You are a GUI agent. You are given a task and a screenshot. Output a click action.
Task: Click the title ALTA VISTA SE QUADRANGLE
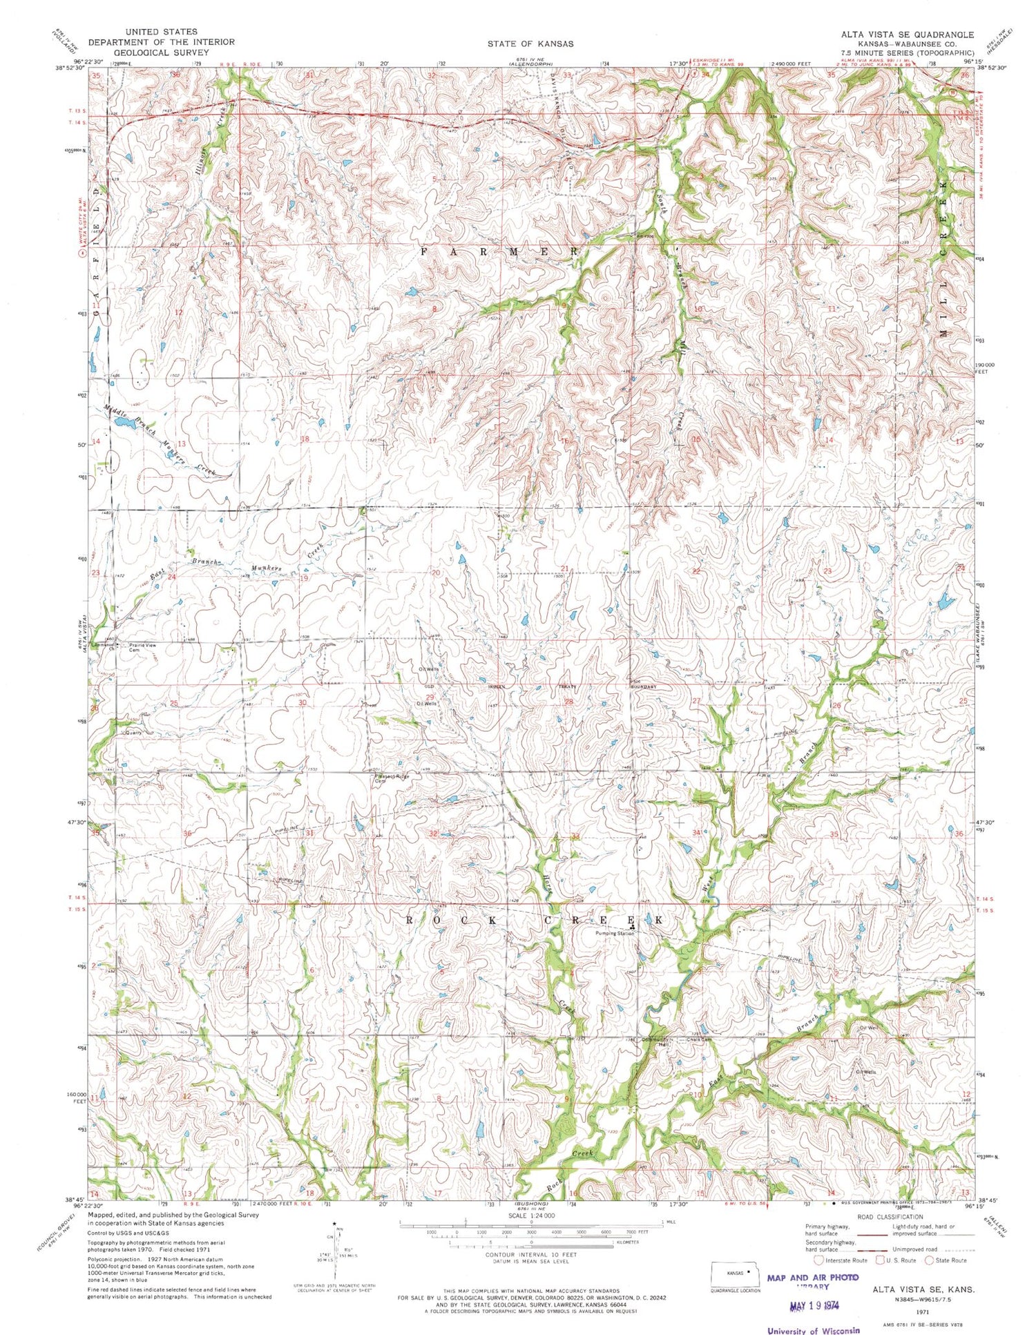(x=906, y=35)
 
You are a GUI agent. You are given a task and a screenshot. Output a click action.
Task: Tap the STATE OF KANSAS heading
(x=530, y=44)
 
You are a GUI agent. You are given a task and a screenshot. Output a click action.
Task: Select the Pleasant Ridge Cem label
(x=392, y=778)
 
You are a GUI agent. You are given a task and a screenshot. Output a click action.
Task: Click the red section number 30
(x=302, y=702)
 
